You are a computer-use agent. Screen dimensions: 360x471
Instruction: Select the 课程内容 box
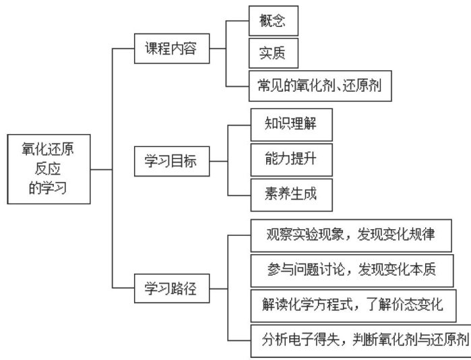coord(170,50)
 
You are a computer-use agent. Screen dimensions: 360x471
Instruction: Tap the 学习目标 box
coord(170,161)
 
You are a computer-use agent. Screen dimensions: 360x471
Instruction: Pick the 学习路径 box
coord(170,287)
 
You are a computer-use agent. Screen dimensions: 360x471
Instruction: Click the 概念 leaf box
coord(272,20)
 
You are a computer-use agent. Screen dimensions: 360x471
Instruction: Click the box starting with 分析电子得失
coord(360,338)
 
